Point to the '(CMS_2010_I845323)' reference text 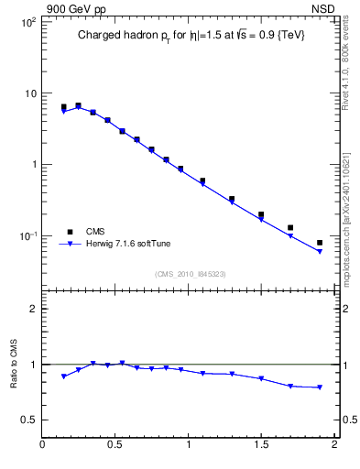tap(190, 273)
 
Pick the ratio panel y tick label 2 tap(34, 309)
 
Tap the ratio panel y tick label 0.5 tap(29, 420)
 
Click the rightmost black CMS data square tap(320, 243)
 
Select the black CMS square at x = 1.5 tap(261, 214)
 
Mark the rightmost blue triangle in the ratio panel tap(320, 387)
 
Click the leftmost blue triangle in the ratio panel tap(63, 376)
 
